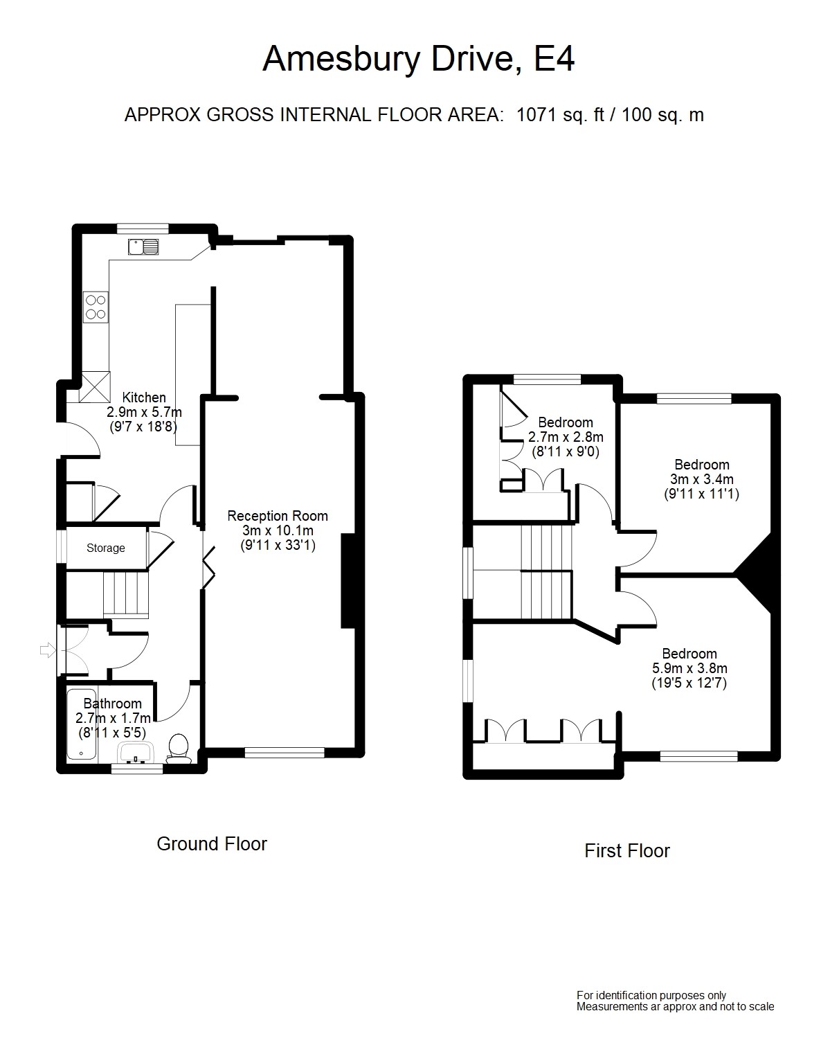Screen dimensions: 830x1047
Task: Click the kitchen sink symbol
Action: pyautogui.click(x=143, y=247)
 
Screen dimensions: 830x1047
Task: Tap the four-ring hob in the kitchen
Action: pyautogui.click(x=96, y=307)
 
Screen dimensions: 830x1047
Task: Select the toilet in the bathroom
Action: pyautogui.click(x=178, y=749)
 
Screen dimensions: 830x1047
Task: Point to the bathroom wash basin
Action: pyautogui.click(x=136, y=753)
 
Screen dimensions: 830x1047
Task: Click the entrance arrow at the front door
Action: pyautogui.click(x=48, y=650)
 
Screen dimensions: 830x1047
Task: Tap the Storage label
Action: pyautogui.click(x=106, y=548)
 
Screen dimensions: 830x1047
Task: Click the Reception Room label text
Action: pyautogui.click(x=278, y=516)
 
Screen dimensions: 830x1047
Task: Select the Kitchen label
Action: pyautogui.click(x=144, y=397)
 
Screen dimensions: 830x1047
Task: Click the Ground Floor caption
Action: pyautogui.click(x=212, y=844)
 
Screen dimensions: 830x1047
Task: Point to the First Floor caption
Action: pyautogui.click(x=627, y=851)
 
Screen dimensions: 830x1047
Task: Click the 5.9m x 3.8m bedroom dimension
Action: pyautogui.click(x=689, y=668)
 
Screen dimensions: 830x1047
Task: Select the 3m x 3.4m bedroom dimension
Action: pyautogui.click(x=701, y=479)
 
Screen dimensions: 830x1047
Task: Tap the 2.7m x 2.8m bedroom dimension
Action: pyautogui.click(x=566, y=437)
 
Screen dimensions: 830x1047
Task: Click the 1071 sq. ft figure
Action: pyautogui.click(x=560, y=115)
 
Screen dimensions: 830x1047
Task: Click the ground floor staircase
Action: pyautogui.click(x=125, y=595)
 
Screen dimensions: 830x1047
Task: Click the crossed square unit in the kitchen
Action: pyautogui.click(x=95, y=387)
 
